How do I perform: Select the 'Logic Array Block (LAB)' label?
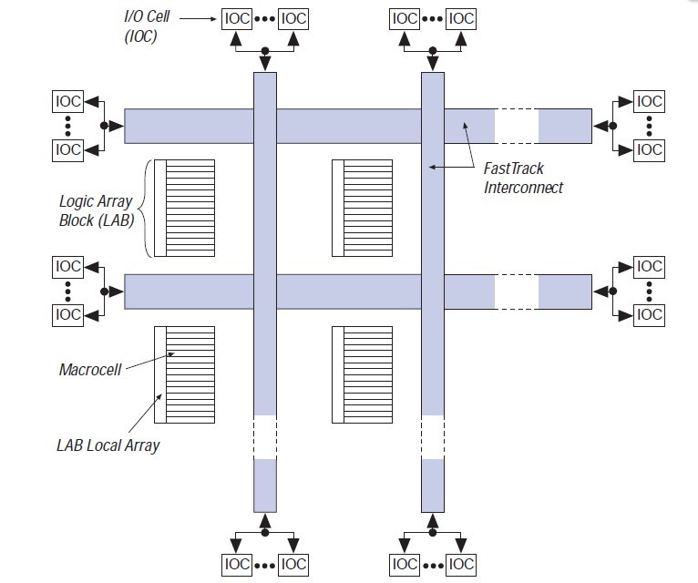pos(96,209)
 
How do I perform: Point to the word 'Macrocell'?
pos(89,369)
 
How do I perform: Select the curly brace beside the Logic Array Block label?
pos(147,209)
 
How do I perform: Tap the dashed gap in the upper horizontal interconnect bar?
pos(516,126)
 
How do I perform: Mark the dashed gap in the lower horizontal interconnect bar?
pos(516,291)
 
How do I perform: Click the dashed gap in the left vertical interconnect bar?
pos(264,437)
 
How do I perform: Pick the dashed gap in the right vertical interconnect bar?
pos(432,437)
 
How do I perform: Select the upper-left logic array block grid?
pos(185,209)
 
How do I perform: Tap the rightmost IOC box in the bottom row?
pos(460,565)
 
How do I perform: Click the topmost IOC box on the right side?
pos(649,101)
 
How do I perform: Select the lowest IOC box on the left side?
pos(68,314)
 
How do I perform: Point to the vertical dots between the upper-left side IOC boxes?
pos(68,126)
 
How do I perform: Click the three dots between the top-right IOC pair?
pos(433,17)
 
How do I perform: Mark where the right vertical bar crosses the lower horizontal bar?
pos(432,291)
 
